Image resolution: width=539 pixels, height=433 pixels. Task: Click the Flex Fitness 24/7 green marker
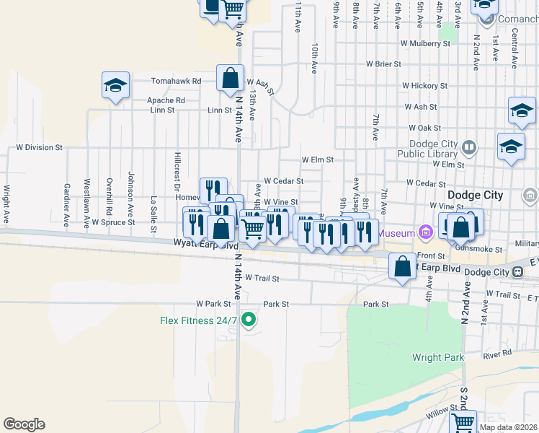(x=249, y=318)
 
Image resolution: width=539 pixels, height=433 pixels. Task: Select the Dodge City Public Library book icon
(x=469, y=148)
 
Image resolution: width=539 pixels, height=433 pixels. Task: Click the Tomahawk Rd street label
(x=176, y=82)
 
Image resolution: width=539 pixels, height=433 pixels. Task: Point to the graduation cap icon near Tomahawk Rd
(x=115, y=86)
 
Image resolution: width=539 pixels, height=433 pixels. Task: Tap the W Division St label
(x=40, y=147)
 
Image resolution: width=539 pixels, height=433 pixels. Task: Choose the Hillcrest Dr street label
(x=177, y=167)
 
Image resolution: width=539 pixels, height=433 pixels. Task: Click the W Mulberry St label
(x=426, y=43)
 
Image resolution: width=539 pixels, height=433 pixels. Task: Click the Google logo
(x=24, y=424)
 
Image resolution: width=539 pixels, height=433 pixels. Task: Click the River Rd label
(x=497, y=354)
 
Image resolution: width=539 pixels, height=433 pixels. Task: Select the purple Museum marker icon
(x=425, y=232)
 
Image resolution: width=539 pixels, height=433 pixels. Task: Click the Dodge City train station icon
(x=517, y=272)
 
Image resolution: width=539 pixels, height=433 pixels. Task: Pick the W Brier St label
(x=383, y=64)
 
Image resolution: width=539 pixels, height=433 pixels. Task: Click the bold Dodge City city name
(x=474, y=196)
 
